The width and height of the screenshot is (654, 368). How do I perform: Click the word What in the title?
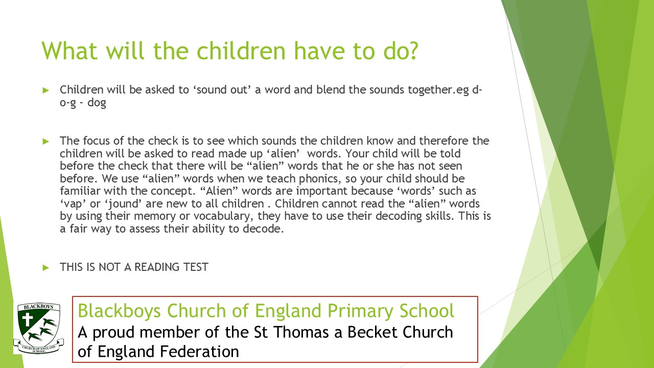pyautogui.click(x=69, y=51)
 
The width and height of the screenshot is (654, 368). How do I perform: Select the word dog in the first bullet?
pyautogui.click(x=97, y=103)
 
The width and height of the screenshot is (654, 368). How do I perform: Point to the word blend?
pyautogui.click(x=331, y=89)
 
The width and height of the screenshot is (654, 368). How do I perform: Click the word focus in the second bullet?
pyautogui.click(x=97, y=141)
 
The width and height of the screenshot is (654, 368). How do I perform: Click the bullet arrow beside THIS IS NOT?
pyautogui.click(x=46, y=267)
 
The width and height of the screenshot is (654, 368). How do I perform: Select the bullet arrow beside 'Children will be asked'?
pyautogui.click(x=46, y=90)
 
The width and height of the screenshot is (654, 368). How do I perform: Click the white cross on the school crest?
pyautogui.click(x=28, y=319)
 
